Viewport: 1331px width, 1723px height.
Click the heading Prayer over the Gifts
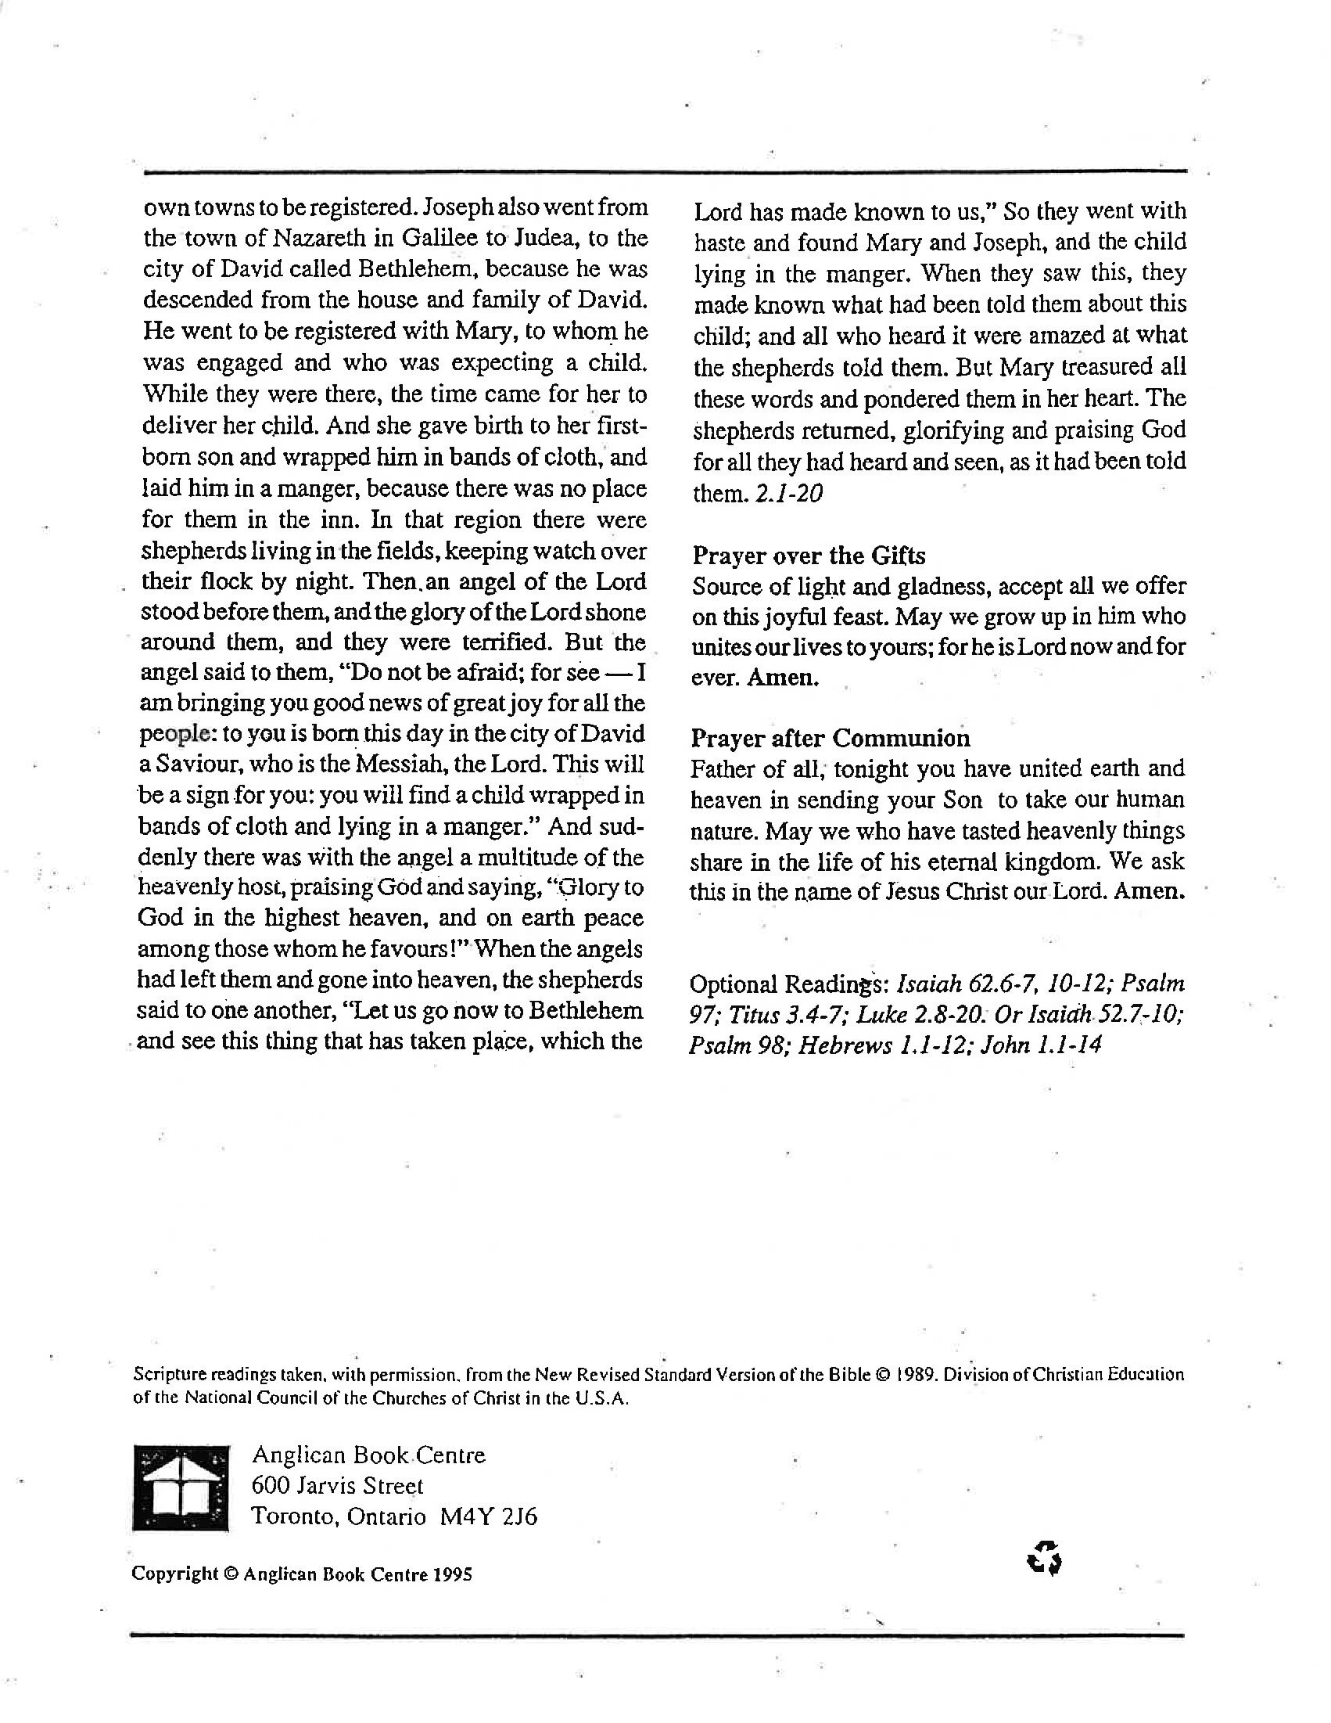[x=809, y=556]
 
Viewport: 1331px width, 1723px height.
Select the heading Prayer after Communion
[x=831, y=739]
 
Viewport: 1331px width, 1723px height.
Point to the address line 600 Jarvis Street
[x=338, y=1487]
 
